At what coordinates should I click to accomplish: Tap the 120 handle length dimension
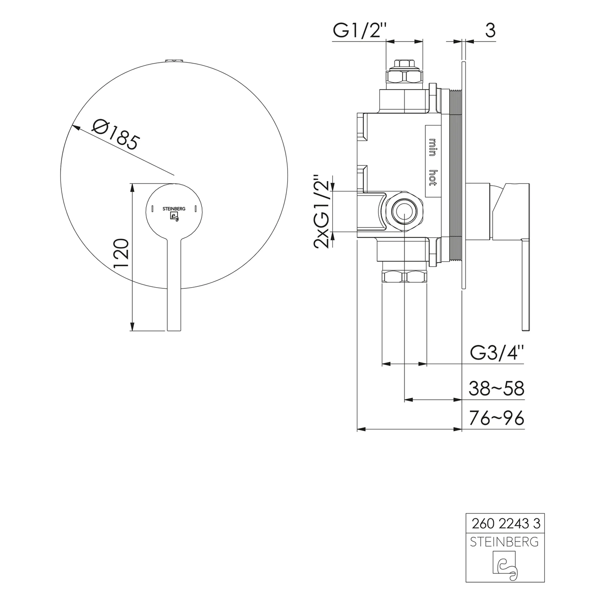pos(121,253)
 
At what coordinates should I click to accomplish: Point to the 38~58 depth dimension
pos(497,389)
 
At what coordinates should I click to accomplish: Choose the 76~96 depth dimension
pos(497,418)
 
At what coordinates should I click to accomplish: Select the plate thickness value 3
pos(490,30)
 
